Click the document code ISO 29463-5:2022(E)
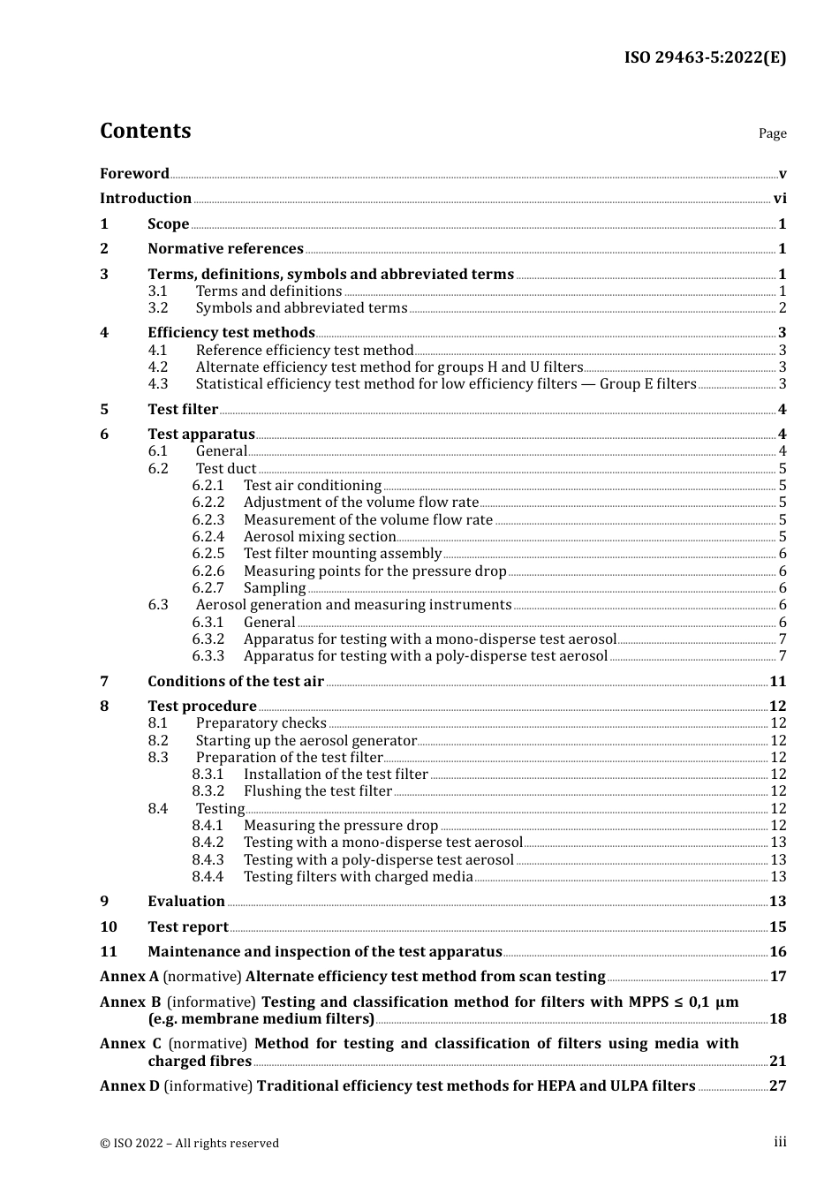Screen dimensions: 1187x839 705,57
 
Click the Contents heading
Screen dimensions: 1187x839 145,131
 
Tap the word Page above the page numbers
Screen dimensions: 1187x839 772,133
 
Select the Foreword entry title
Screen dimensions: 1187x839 134,173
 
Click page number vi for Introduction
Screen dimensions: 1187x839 780,199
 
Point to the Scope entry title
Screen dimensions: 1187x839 168,224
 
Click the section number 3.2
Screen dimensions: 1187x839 158,308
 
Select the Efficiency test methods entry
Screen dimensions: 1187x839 231,333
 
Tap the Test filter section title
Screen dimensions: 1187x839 183,410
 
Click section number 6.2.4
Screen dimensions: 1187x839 208,537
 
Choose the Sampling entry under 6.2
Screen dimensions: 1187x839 275,588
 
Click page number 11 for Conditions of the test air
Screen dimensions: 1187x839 777,682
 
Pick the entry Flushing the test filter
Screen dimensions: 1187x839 317,791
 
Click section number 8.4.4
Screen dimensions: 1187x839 208,877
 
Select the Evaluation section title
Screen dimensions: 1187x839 186,902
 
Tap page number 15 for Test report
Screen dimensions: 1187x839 777,927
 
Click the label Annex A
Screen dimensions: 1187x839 129,977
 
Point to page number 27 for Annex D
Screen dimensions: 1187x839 777,1086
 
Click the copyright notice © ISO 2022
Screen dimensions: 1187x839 189,1143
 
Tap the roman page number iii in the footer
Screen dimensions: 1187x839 780,1142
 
